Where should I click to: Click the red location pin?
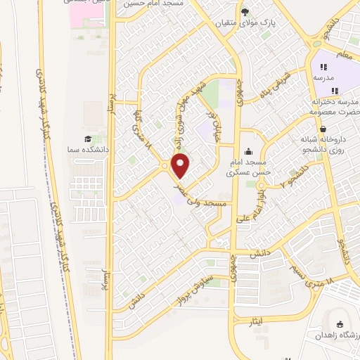[x=181, y=167]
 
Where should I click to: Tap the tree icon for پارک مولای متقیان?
[x=245, y=11]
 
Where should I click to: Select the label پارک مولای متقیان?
[x=261, y=22]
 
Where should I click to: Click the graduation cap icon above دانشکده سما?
[x=87, y=139]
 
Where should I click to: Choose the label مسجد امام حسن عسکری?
[x=249, y=166]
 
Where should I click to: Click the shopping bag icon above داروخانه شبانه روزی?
[x=322, y=129]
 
